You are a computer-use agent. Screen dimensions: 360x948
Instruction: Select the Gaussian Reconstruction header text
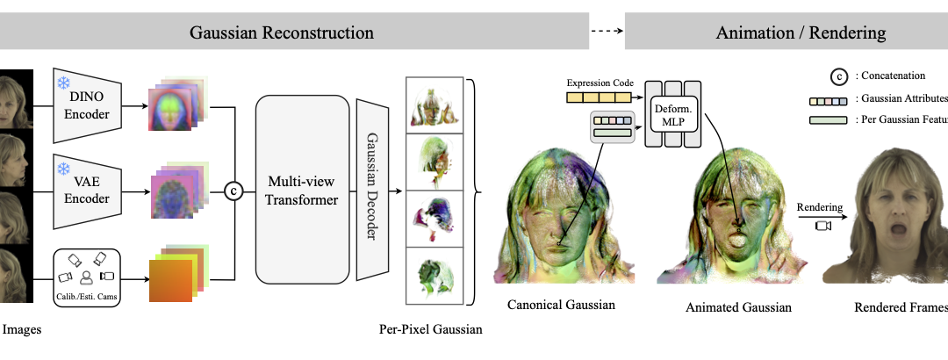[282, 33]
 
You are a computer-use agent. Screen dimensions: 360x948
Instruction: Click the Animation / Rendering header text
[801, 33]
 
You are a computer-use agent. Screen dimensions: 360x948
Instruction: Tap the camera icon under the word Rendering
[822, 226]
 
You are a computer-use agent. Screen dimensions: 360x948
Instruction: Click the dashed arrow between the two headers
[606, 33]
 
